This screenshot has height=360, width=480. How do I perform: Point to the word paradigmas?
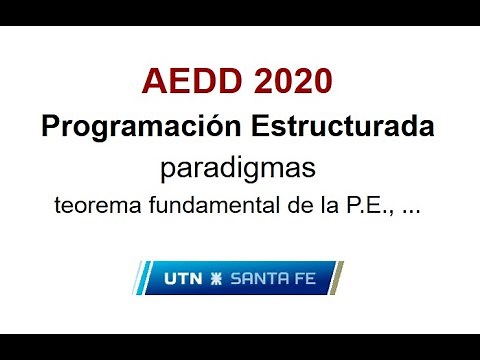coord(238,167)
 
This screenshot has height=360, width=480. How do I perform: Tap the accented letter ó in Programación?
coord(212,127)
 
